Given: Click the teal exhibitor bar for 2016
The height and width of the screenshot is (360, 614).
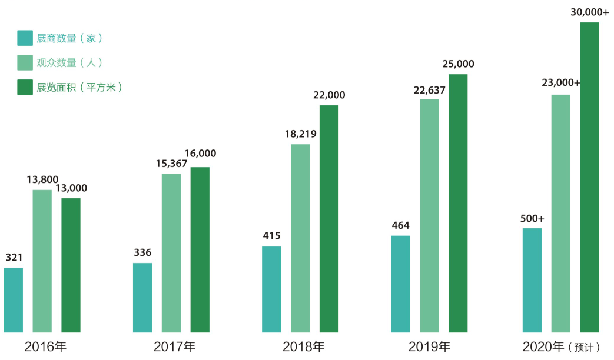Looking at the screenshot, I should (x=14, y=299).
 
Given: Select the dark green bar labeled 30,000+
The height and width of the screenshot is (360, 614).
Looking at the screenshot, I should (x=589, y=176).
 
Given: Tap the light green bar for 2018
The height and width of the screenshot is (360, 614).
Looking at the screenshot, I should (x=300, y=238).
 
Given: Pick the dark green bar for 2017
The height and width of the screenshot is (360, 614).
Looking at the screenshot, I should (x=200, y=249).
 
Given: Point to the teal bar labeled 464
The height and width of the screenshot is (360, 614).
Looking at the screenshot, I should (x=400, y=284).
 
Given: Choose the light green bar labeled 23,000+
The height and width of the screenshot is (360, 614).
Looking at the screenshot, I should (x=560, y=213).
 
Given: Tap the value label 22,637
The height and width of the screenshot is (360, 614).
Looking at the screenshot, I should (x=429, y=90).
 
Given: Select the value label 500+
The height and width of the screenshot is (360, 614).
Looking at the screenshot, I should (x=532, y=218).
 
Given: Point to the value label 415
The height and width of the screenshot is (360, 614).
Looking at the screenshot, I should (x=271, y=236).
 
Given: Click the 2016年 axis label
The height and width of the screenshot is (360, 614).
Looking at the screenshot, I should (x=45, y=346).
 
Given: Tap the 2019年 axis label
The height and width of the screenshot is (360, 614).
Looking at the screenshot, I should (x=429, y=346).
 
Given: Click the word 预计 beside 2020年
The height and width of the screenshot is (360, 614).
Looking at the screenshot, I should (x=586, y=348).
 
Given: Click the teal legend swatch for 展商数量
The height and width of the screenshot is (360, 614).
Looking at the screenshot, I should (x=25, y=38).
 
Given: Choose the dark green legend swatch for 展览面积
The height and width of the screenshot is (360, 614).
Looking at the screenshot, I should (x=25, y=87).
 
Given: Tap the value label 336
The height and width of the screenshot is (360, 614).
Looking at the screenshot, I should (x=142, y=253).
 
